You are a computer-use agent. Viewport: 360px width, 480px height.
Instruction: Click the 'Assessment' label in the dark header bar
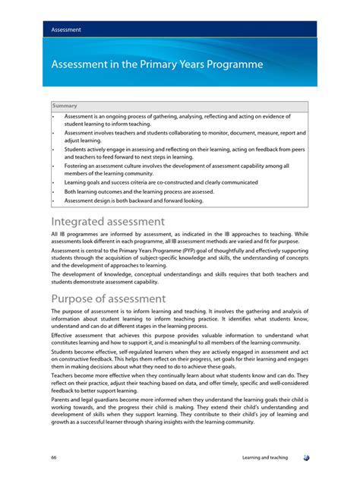pyautogui.click(x=66, y=30)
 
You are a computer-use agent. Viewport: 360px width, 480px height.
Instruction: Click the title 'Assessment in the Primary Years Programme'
pyautogui.click(x=157, y=65)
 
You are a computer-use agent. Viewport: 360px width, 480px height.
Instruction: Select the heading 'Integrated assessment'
pyautogui.click(x=108, y=222)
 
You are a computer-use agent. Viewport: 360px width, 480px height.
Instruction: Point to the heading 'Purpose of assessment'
pyautogui.click(x=109, y=298)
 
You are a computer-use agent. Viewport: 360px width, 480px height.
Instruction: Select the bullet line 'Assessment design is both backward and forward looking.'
pyautogui.click(x=134, y=201)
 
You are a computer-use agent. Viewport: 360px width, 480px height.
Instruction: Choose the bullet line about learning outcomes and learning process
pyautogui.click(x=139, y=192)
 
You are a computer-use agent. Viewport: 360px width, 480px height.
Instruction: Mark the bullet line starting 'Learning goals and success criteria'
pyautogui.click(x=161, y=182)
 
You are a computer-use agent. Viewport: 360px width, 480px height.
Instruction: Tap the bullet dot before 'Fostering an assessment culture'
pyautogui.click(x=53, y=165)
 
